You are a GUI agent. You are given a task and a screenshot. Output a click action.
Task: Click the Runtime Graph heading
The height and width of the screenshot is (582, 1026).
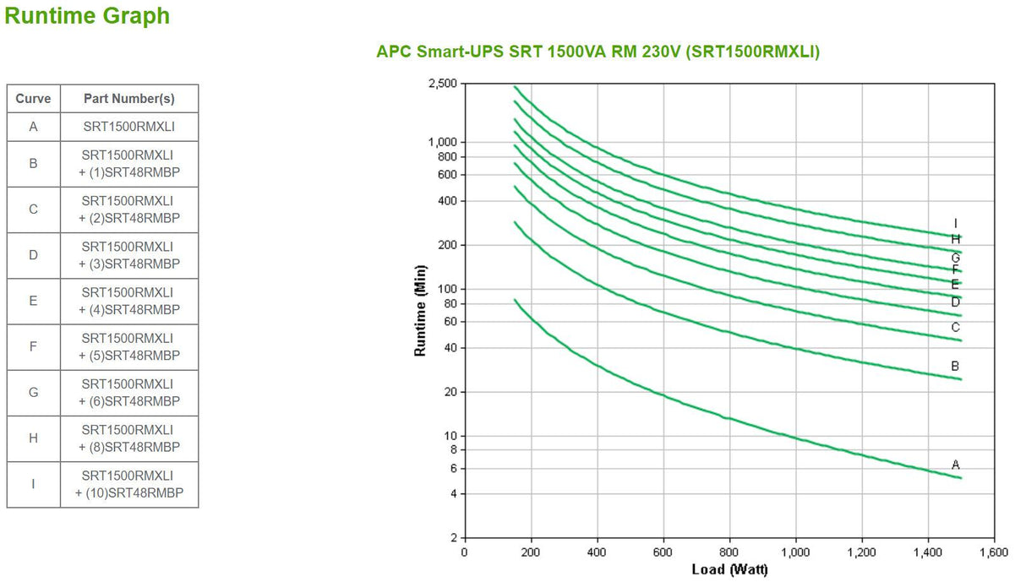pyautogui.click(x=87, y=16)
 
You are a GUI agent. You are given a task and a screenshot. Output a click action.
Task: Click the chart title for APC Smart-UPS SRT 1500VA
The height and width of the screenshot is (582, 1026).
pyautogui.click(x=598, y=52)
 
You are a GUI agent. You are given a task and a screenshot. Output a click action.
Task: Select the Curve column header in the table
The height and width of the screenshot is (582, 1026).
pyautogui.click(x=33, y=99)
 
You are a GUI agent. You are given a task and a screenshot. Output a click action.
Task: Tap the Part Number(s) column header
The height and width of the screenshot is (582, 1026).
pyautogui.click(x=129, y=99)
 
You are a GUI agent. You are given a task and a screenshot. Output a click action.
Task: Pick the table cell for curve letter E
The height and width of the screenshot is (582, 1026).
pyautogui.click(x=33, y=301)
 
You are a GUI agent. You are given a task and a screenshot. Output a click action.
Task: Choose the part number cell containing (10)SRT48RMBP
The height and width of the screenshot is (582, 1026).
pyautogui.click(x=129, y=484)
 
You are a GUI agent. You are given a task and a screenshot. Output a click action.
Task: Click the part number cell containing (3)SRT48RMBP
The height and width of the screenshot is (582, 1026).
pyautogui.click(x=129, y=255)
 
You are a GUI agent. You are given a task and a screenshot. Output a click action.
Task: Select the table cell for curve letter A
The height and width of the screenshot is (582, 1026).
pyautogui.click(x=33, y=127)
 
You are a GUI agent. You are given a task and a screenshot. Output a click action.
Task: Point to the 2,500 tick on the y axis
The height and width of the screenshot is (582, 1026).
pyautogui.click(x=442, y=84)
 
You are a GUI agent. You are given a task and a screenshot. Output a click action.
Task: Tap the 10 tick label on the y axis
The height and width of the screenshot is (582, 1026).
pyautogui.click(x=450, y=436)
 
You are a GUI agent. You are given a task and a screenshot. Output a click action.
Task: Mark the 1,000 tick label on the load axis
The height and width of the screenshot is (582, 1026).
pyautogui.click(x=794, y=552)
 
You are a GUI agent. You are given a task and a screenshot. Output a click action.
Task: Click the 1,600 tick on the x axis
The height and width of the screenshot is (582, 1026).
pyautogui.click(x=993, y=552)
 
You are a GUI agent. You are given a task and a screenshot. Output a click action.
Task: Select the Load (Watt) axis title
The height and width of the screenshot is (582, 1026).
pyautogui.click(x=729, y=570)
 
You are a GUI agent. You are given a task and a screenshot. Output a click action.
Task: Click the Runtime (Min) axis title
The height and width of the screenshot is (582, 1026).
pyautogui.click(x=420, y=310)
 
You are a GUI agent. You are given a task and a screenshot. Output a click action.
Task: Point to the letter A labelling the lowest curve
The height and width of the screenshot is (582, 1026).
pyautogui.click(x=956, y=465)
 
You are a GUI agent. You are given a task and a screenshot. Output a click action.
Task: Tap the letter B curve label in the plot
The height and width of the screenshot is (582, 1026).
pyautogui.click(x=955, y=367)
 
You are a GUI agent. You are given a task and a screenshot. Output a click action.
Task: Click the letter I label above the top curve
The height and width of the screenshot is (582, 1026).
pyautogui.click(x=956, y=224)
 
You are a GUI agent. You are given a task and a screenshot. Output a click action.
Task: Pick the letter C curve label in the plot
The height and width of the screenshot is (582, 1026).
pyautogui.click(x=955, y=328)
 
